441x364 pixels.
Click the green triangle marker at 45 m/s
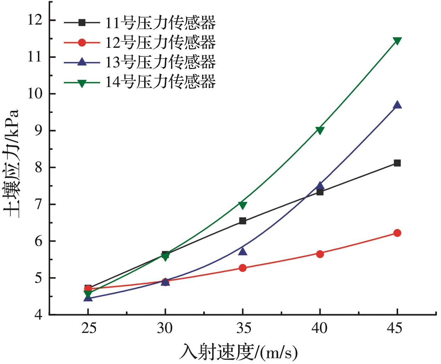click(x=397, y=41)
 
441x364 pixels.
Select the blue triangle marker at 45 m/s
click(x=397, y=105)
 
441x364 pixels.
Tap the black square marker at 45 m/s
click(x=397, y=163)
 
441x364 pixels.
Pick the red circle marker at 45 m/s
click(x=397, y=233)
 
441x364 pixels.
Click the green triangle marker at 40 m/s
click(x=320, y=130)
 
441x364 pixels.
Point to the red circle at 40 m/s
click(x=320, y=254)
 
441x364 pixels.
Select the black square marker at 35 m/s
click(x=243, y=221)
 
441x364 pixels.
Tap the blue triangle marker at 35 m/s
click(x=243, y=251)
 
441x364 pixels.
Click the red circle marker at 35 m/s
click(x=243, y=268)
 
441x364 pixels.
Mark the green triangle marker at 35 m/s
click(x=243, y=205)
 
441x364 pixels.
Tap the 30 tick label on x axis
click(x=165, y=329)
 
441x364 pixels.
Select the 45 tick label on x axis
click(x=397, y=329)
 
